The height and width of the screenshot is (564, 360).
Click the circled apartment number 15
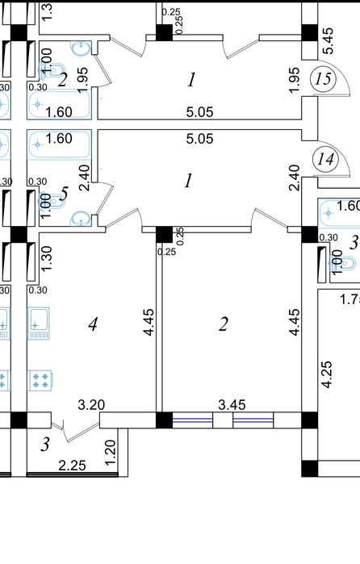coord(324,79)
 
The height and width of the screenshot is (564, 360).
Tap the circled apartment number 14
coord(325,159)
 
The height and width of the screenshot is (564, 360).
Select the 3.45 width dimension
coord(232,405)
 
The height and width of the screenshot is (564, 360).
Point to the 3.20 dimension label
coord(91,405)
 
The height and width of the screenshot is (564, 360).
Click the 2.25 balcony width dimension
coord(73,466)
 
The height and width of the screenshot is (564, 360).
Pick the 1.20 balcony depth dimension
coord(110,452)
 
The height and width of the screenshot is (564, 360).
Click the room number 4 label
coord(93,324)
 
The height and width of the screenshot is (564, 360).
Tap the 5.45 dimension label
coord(328,41)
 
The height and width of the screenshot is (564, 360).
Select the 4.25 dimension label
coord(327,375)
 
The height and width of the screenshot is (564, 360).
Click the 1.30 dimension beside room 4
coord(47,258)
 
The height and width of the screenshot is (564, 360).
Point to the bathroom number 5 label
coord(64,194)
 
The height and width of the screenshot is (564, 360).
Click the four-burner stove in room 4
coord(40,380)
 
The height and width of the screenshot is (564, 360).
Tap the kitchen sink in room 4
coord(38,324)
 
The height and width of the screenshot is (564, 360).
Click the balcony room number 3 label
coord(44,445)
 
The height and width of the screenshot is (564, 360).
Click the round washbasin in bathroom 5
coord(80,219)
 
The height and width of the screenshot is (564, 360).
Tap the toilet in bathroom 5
coord(52,200)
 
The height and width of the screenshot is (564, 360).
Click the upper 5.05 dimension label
coord(200,112)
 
